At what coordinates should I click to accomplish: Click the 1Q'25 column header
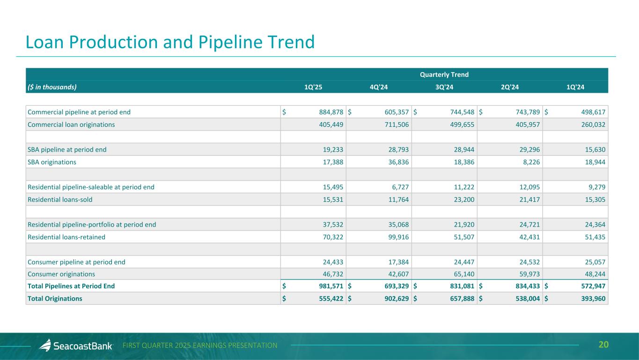(313, 87)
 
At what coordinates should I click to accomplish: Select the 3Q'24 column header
(444, 87)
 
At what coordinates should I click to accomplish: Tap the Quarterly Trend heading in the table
(444, 74)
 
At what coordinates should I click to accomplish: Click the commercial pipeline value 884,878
(331, 112)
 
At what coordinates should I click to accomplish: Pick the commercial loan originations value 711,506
(397, 125)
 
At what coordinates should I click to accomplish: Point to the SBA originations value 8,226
(531, 162)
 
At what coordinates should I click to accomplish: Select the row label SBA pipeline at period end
(67, 150)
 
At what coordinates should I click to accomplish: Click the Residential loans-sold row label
(60, 200)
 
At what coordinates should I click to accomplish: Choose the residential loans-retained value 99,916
(398, 237)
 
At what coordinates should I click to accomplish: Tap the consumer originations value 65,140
(464, 274)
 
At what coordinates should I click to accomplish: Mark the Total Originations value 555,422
(331, 299)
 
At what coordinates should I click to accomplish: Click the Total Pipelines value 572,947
(593, 286)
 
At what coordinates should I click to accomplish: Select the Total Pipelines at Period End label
(71, 286)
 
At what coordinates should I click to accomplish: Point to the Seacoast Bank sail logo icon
(45, 345)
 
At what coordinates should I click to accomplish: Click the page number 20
(603, 345)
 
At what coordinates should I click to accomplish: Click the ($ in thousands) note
(52, 87)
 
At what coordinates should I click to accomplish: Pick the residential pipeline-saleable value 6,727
(400, 187)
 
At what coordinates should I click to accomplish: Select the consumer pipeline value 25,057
(595, 262)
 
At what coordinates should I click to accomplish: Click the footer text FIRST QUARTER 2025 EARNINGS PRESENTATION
(200, 345)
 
